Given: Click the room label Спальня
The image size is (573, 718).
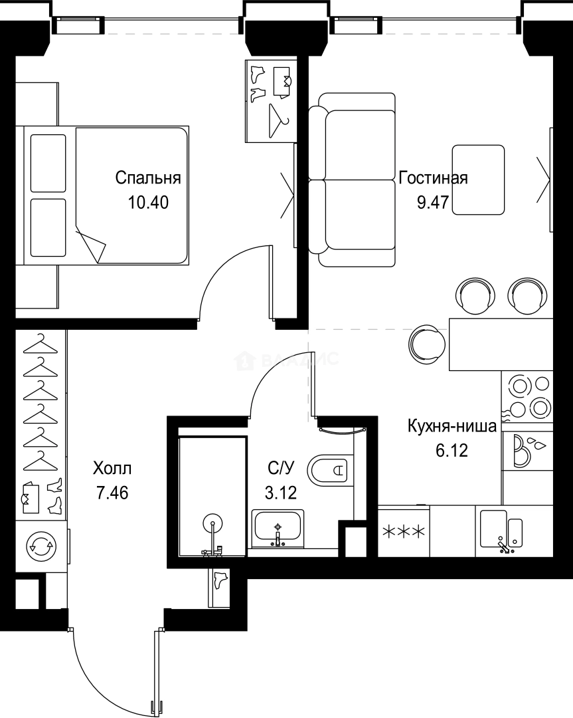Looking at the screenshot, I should click(x=148, y=178).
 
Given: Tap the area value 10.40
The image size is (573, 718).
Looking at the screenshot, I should click(x=148, y=202).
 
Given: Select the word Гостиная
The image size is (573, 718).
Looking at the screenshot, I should click(x=433, y=178).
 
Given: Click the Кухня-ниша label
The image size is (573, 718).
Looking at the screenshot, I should click(x=451, y=427).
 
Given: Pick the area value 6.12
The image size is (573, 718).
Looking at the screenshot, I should click(x=451, y=451).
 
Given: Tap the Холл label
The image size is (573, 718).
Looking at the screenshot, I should click(x=112, y=469).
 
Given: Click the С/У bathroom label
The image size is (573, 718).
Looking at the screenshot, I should click(x=280, y=469).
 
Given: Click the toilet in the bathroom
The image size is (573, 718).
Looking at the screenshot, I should click(x=329, y=470).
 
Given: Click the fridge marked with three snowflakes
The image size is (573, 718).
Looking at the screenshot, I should click(x=403, y=531).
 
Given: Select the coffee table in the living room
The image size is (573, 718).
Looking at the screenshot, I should click(x=477, y=179).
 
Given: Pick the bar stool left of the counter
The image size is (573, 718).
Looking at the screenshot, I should click(x=427, y=343).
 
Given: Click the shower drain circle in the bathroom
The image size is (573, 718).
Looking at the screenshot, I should click(x=212, y=524).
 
